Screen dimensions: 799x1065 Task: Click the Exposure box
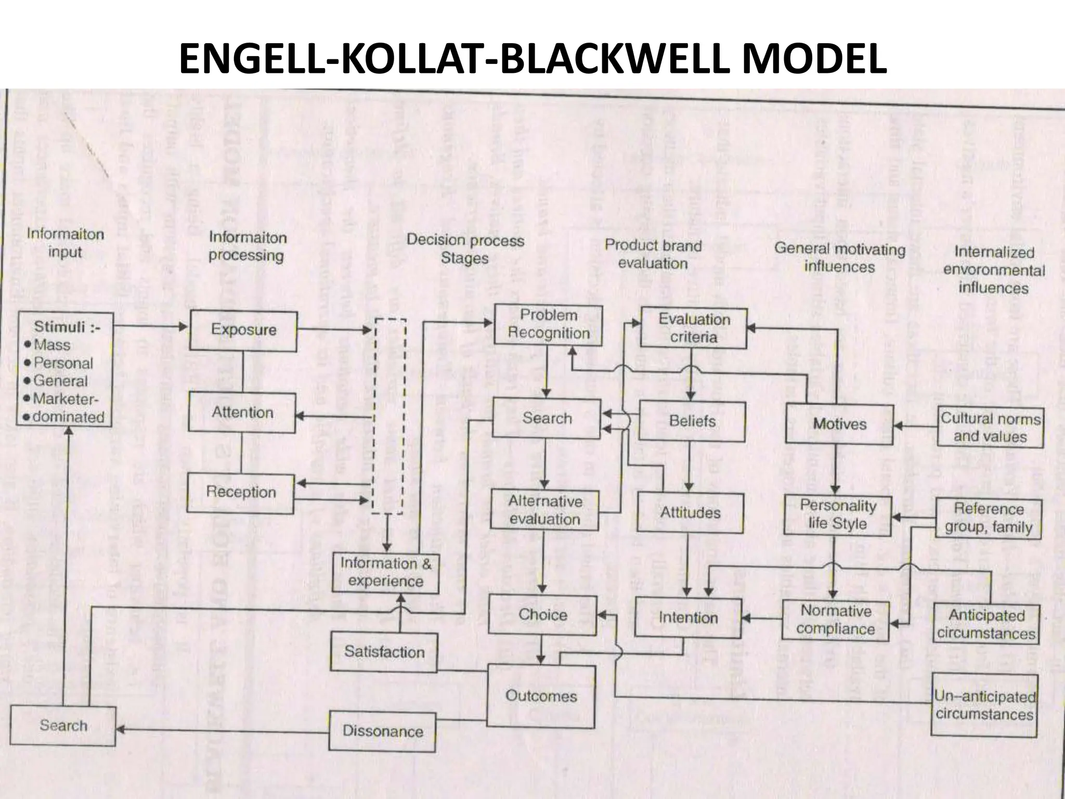click(x=243, y=330)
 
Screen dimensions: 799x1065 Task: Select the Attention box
click(x=242, y=413)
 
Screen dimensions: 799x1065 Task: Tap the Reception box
click(x=241, y=492)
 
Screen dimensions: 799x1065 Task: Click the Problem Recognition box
click(x=549, y=325)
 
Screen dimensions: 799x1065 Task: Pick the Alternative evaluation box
click(x=544, y=510)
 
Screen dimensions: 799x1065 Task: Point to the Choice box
click(x=542, y=615)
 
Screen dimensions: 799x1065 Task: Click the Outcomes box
click(x=541, y=696)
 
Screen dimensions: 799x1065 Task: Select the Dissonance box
click(x=382, y=731)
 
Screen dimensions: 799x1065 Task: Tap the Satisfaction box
click(x=384, y=652)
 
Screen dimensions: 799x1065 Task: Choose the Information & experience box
click(x=386, y=572)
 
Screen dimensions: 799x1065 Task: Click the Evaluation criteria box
click(x=694, y=328)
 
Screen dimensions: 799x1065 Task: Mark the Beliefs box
click(x=692, y=421)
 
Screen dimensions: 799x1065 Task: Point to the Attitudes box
click(x=690, y=513)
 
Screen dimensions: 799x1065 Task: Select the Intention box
click(x=688, y=617)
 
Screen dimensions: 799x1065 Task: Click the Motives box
click(x=839, y=424)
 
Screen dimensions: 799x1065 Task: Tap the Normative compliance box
click(x=836, y=620)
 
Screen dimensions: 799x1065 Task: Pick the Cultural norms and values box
click(x=991, y=428)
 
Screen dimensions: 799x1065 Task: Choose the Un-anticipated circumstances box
click(x=984, y=705)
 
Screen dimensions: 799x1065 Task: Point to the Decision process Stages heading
click(x=465, y=249)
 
